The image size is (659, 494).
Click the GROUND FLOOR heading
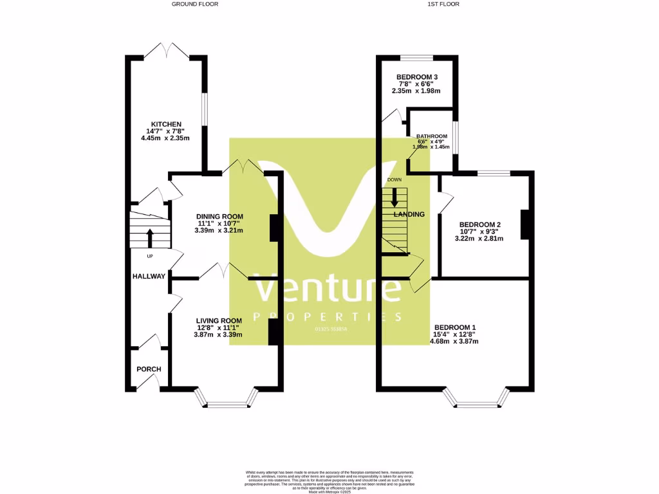point(195,4)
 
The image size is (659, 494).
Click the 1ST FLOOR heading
point(443,4)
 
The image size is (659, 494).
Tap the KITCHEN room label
point(166,124)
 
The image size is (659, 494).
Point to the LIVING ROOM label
point(219,321)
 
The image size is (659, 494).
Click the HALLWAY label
point(149,277)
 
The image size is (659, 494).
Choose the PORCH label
point(149,369)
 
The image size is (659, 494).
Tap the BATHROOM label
point(432,136)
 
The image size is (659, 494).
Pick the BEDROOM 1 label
point(455,326)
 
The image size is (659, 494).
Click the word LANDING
point(409,214)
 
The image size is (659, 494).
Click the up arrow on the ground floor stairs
point(150,238)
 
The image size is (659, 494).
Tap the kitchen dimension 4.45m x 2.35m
point(166,138)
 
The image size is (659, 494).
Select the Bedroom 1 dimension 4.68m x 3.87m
point(455,341)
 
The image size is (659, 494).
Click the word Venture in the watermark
point(328,289)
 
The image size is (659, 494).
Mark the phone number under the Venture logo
point(331,329)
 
